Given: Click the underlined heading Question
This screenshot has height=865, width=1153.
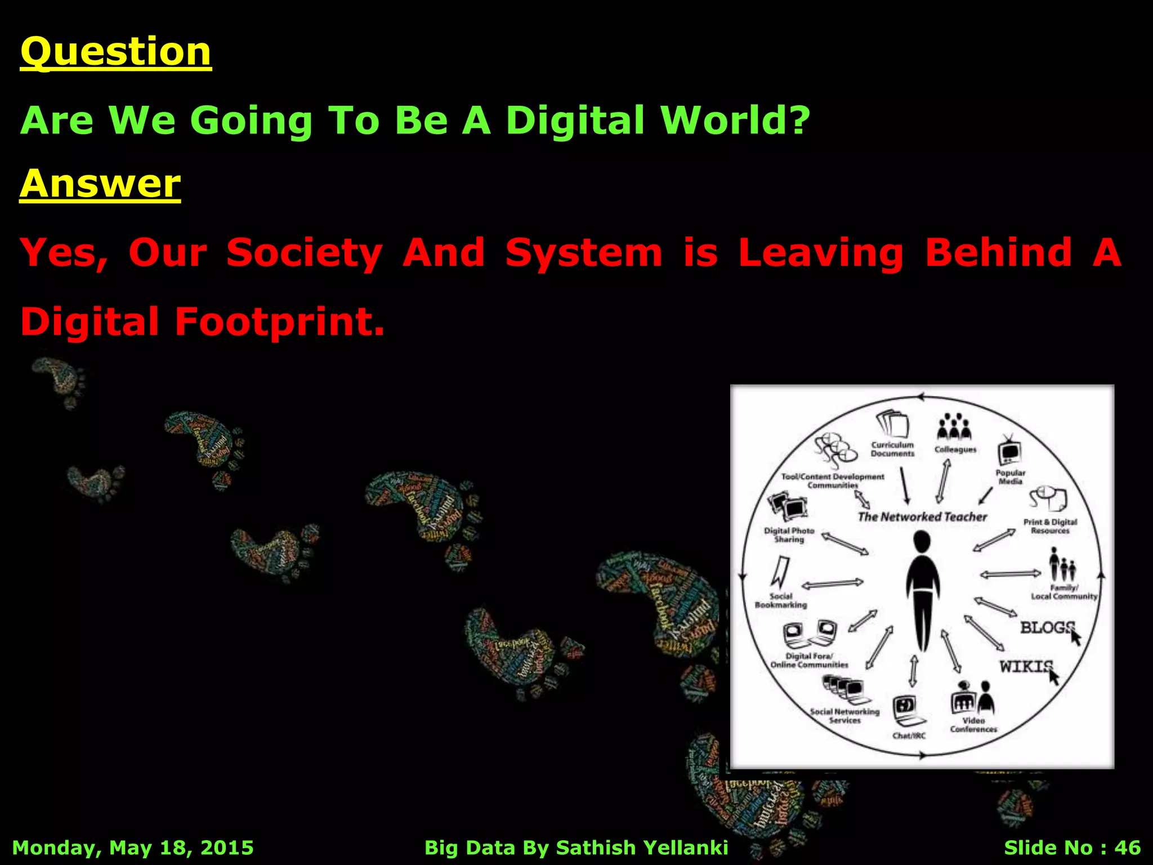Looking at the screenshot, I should point(115,52).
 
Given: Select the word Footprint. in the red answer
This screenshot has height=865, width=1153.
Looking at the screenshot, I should point(279,322).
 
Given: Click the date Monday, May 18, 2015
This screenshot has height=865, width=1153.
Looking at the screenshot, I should point(133,847).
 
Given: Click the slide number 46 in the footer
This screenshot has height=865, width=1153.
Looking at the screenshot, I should point(1127,847).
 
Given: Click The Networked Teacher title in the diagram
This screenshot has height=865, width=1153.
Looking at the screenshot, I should point(922,516).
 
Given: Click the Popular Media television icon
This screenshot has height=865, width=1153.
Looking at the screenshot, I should point(1009,451).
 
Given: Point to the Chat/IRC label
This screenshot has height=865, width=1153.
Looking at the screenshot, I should point(909,735).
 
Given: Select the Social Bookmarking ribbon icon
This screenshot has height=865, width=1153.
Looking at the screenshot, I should point(780,572).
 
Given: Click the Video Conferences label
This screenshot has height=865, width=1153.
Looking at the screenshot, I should point(973,725).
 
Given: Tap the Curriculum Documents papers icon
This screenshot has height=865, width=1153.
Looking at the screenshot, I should point(893,424).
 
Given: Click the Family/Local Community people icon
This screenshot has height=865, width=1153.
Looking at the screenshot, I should point(1062,565).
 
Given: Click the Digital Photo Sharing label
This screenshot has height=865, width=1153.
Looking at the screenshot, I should point(789,535).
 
